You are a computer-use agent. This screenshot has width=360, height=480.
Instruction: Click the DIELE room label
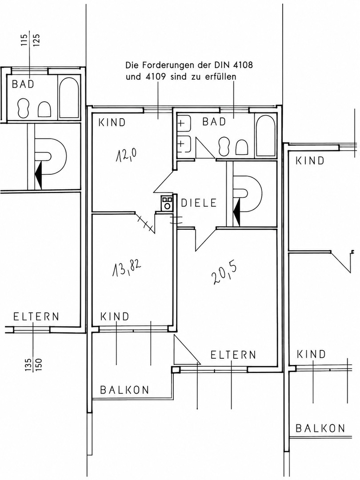tap(199, 203)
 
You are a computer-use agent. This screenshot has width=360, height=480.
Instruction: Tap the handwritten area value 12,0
tap(126, 155)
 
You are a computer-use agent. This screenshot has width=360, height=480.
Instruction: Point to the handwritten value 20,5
tap(224, 273)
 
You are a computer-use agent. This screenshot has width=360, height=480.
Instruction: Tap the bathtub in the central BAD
tap(266, 136)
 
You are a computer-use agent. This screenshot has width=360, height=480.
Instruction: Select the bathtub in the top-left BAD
tap(68, 98)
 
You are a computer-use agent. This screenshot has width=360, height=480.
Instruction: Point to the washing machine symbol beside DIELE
tap(167, 203)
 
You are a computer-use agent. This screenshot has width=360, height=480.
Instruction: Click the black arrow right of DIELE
tap(236, 212)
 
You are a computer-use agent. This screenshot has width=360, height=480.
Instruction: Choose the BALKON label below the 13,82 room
tap(124, 390)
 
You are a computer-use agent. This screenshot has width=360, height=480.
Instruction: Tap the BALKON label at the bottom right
tap(320, 428)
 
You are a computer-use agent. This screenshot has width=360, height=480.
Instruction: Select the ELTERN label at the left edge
tap(36, 316)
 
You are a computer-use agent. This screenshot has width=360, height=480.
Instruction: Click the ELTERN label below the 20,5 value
tap(233, 355)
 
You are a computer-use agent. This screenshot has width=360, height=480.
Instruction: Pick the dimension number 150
tap(39, 364)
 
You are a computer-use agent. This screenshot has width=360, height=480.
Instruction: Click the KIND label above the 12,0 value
tap(112, 123)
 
